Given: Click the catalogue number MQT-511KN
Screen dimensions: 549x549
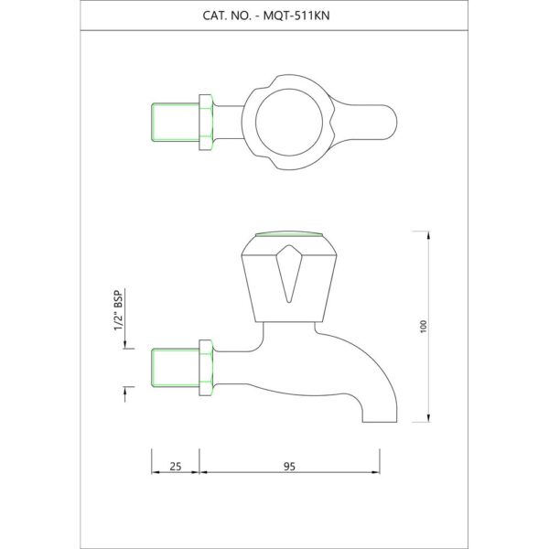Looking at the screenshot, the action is click(296, 16).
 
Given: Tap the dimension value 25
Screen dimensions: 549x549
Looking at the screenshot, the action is click(176, 467).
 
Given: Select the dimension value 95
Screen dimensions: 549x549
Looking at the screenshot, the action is click(289, 467).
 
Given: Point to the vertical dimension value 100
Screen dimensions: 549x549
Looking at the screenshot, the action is click(424, 327).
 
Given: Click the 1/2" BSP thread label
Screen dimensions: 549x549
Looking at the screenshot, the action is click(119, 310).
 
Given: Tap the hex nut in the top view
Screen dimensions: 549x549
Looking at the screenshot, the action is click(206, 123).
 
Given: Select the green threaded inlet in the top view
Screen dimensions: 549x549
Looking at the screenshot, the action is click(175, 123).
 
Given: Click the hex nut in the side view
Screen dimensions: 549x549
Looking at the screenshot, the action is click(206, 368).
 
